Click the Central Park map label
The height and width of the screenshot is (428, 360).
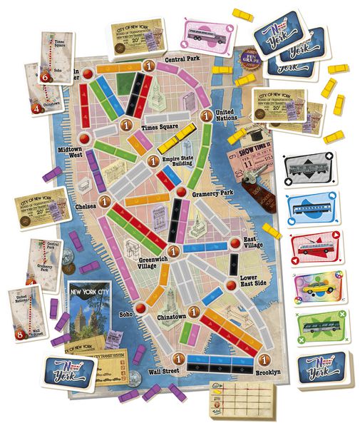[181, 60]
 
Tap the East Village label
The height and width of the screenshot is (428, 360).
[255, 243]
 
